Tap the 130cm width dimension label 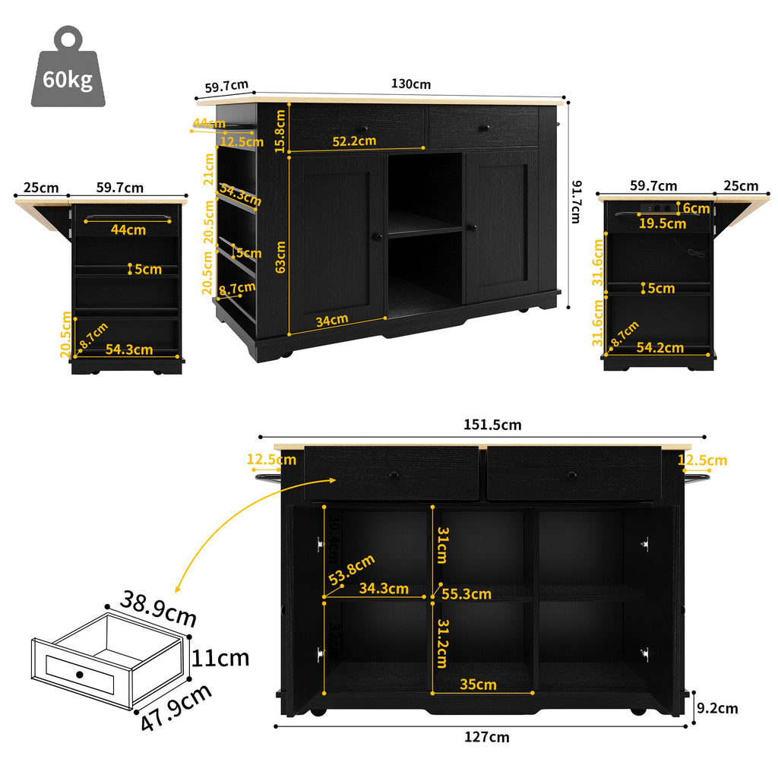411,84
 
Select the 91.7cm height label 577,201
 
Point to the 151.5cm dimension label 492,425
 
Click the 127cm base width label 487,736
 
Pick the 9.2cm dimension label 717,708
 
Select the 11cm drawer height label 220,657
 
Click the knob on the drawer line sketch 79,675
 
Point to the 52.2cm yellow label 354,141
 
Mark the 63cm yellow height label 280,257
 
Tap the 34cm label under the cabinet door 331,320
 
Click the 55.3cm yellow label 466,594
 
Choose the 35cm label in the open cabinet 479,685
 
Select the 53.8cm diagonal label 352,571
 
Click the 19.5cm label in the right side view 662,223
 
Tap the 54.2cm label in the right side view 660,348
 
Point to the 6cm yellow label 695,208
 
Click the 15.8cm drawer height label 280,131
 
